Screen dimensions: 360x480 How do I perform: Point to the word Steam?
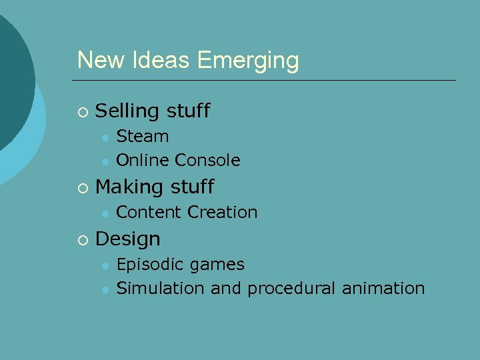pos(143,137)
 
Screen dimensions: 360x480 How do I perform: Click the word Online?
pos(143,161)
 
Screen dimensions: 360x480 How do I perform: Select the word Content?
pos(149,213)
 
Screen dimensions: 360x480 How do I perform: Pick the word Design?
pos(128,239)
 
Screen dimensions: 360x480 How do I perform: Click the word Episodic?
pos(151,265)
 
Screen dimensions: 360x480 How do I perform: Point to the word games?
pos(217,265)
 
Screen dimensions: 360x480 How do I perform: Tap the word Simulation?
pos(161,289)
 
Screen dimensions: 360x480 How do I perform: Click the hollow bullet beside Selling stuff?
pos(82,111)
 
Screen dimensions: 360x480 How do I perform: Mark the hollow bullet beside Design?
pos(82,239)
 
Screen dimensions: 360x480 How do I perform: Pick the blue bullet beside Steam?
pos(105,137)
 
